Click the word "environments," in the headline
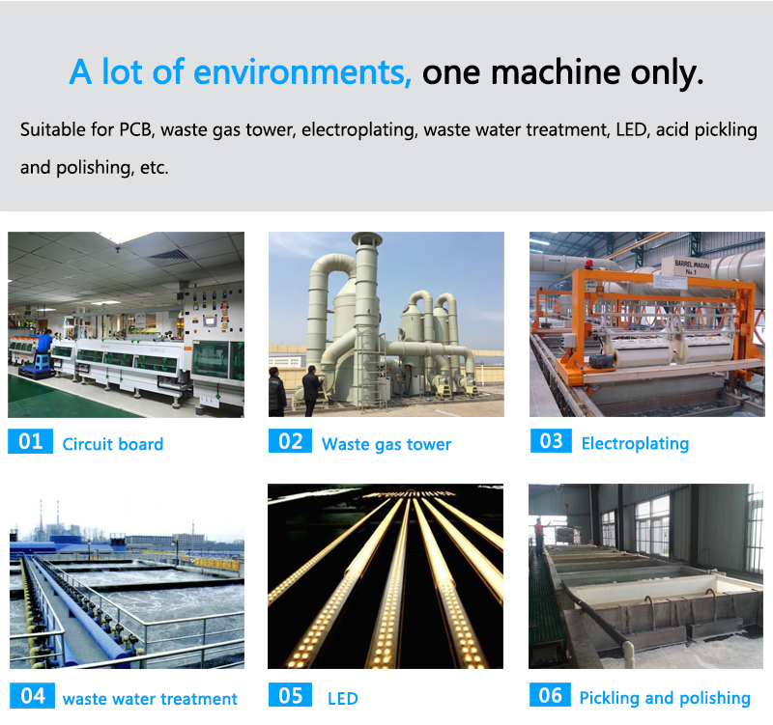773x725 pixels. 302,71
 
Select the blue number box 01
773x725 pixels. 30,441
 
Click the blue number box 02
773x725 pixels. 291,441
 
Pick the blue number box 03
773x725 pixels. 551,441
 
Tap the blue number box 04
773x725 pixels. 32,695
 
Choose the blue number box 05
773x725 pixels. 291,695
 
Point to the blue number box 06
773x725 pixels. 550,694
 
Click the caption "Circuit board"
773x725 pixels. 113,444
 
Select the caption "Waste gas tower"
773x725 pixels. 386,444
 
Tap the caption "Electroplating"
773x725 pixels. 635,444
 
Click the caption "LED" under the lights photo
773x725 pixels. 343,698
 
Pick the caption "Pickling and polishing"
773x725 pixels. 665,698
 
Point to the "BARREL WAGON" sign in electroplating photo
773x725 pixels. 692,267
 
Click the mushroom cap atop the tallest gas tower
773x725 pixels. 367,238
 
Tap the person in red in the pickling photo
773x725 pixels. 539,537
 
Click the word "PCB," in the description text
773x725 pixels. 136,129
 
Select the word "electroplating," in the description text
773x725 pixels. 358,130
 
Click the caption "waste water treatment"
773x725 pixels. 151,699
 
